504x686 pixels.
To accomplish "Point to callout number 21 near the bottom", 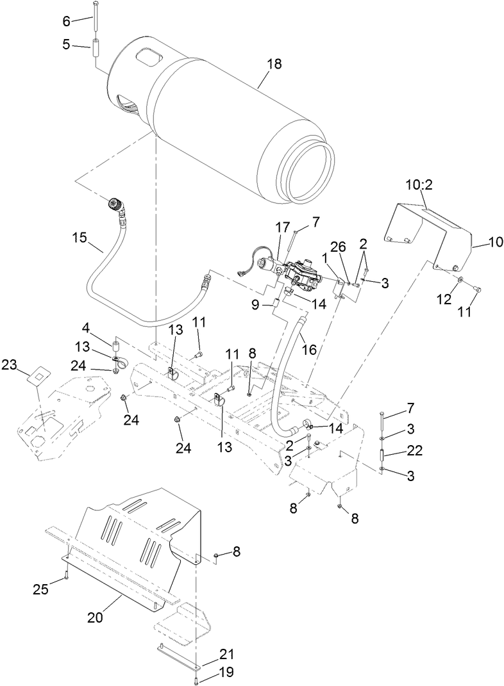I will (x=210, y=654).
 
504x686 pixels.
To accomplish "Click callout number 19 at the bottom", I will (x=210, y=672).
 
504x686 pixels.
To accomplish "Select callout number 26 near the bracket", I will (x=339, y=246).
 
